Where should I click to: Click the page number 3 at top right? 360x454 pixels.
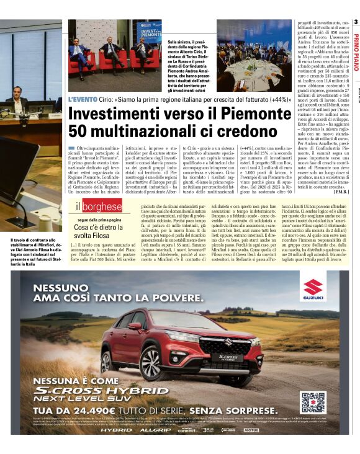(x=356, y=22)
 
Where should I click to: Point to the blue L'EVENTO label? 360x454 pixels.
(x=82, y=99)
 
